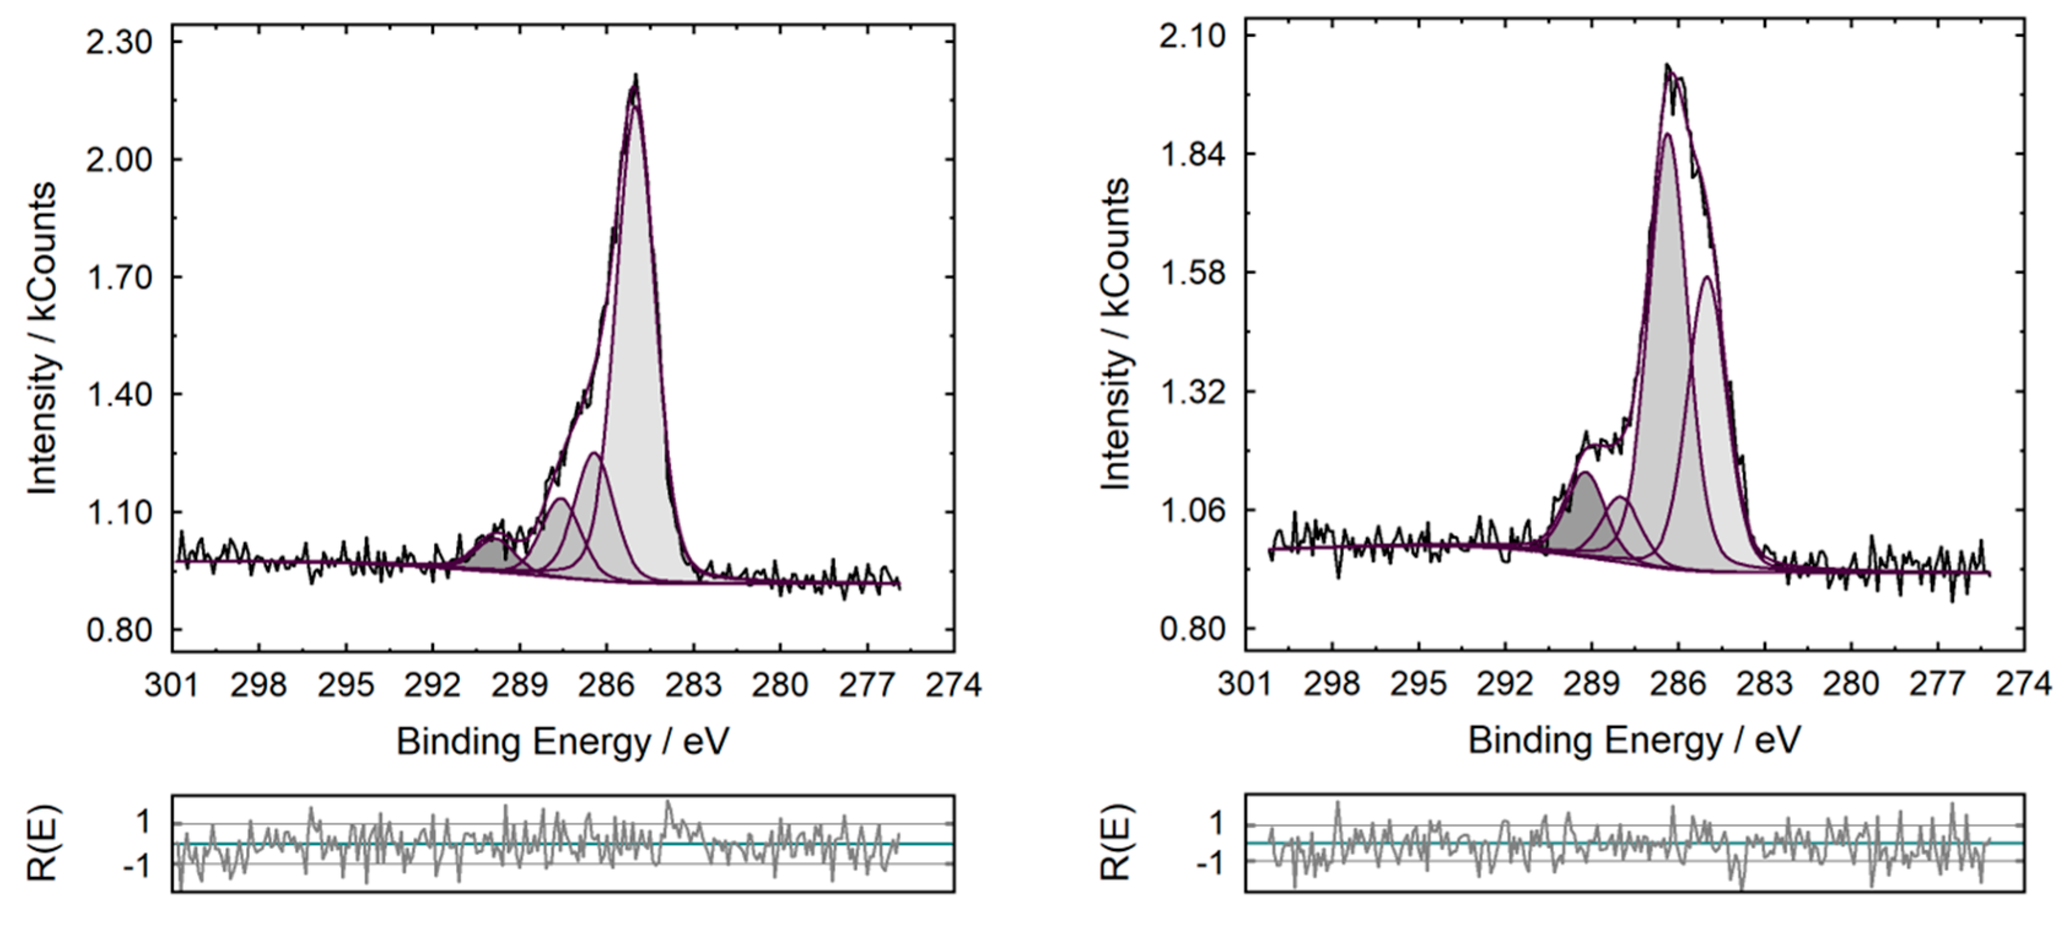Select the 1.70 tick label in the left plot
pos(119,278)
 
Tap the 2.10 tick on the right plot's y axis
pos(1192,36)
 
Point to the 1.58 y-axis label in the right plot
pos(1192,273)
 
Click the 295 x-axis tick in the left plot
pos(346,685)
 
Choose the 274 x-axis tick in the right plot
pos(2023,684)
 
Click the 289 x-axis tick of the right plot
pos(1592,684)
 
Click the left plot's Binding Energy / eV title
pos(562,741)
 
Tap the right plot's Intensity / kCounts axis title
pos(1116,334)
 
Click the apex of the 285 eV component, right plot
pos(1706,278)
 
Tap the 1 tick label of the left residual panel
pos(143,822)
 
